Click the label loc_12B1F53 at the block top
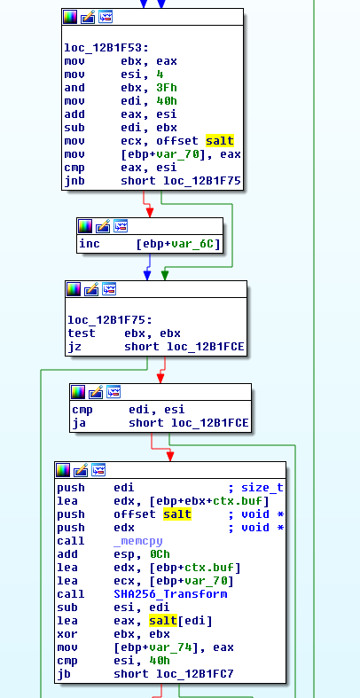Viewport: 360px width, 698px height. click(x=106, y=48)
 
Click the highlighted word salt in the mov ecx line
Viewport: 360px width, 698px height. click(x=219, y=141)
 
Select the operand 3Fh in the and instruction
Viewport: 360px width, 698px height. click(x=167, y=88)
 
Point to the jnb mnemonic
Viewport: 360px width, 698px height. click(x=74, y=181)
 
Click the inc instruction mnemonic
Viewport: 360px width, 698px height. click(x=90, y=244)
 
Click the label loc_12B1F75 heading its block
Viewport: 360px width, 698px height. click(x=110, y=320)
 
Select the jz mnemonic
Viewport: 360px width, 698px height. click(x=74, y=347)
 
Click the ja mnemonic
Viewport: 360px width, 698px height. click(x=79, y=423)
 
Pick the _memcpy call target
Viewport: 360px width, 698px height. click(x=138, y=541)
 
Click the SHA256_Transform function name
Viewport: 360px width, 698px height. click(x=170, y=594)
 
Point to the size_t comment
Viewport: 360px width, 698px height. click(x=262, y=488)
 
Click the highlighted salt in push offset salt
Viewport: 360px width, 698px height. click(x=177, y=514)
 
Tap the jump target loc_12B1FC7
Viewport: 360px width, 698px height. click(x=195, y=674)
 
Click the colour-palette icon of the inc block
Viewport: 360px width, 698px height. click(x=85, y=226)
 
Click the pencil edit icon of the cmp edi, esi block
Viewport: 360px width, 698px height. click(x=96, y=392)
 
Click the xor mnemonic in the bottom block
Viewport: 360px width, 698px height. click(x=67, y=634)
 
